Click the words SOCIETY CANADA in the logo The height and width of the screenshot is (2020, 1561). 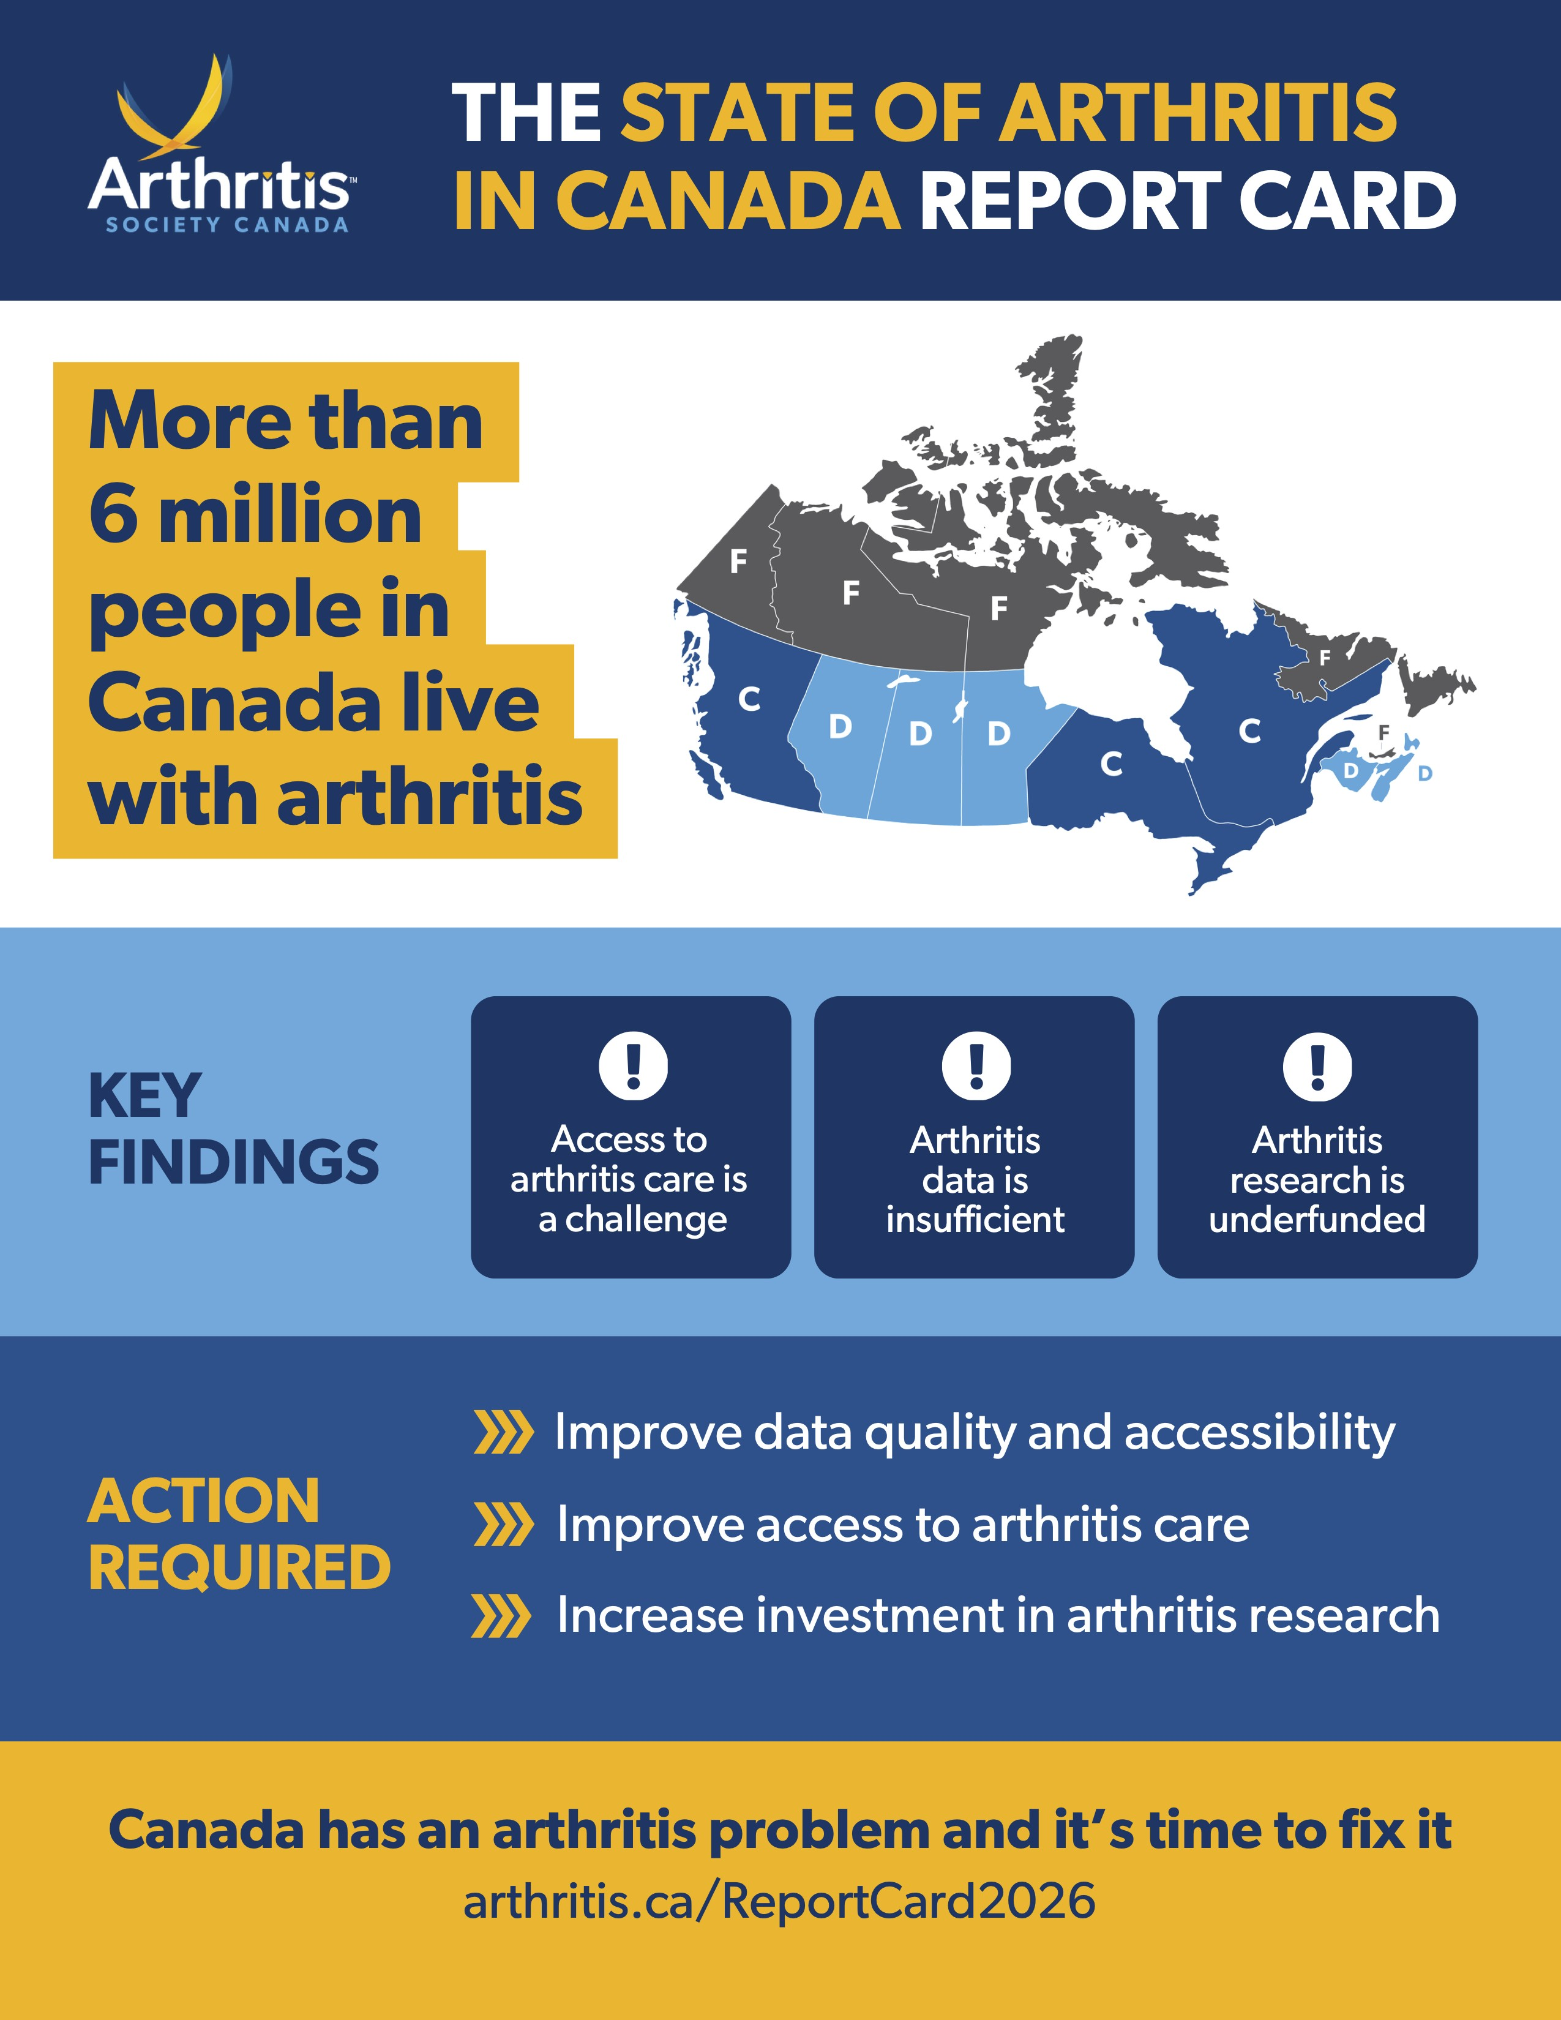226,225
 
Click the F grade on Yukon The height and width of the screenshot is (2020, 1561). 738,560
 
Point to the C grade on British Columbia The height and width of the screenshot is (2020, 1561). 749,699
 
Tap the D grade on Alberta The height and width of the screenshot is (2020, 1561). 840,727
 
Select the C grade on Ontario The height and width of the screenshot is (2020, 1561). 1112,764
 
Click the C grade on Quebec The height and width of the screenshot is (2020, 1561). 1249,732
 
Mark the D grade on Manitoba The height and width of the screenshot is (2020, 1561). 999,734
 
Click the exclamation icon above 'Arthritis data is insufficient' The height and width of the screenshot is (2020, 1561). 976,1065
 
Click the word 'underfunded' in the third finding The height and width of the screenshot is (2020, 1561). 1317,1219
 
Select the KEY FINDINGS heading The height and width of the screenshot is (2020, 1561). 233,1128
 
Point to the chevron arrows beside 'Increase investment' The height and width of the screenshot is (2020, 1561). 501,1616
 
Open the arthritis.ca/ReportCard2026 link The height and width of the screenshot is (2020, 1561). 779,1902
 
